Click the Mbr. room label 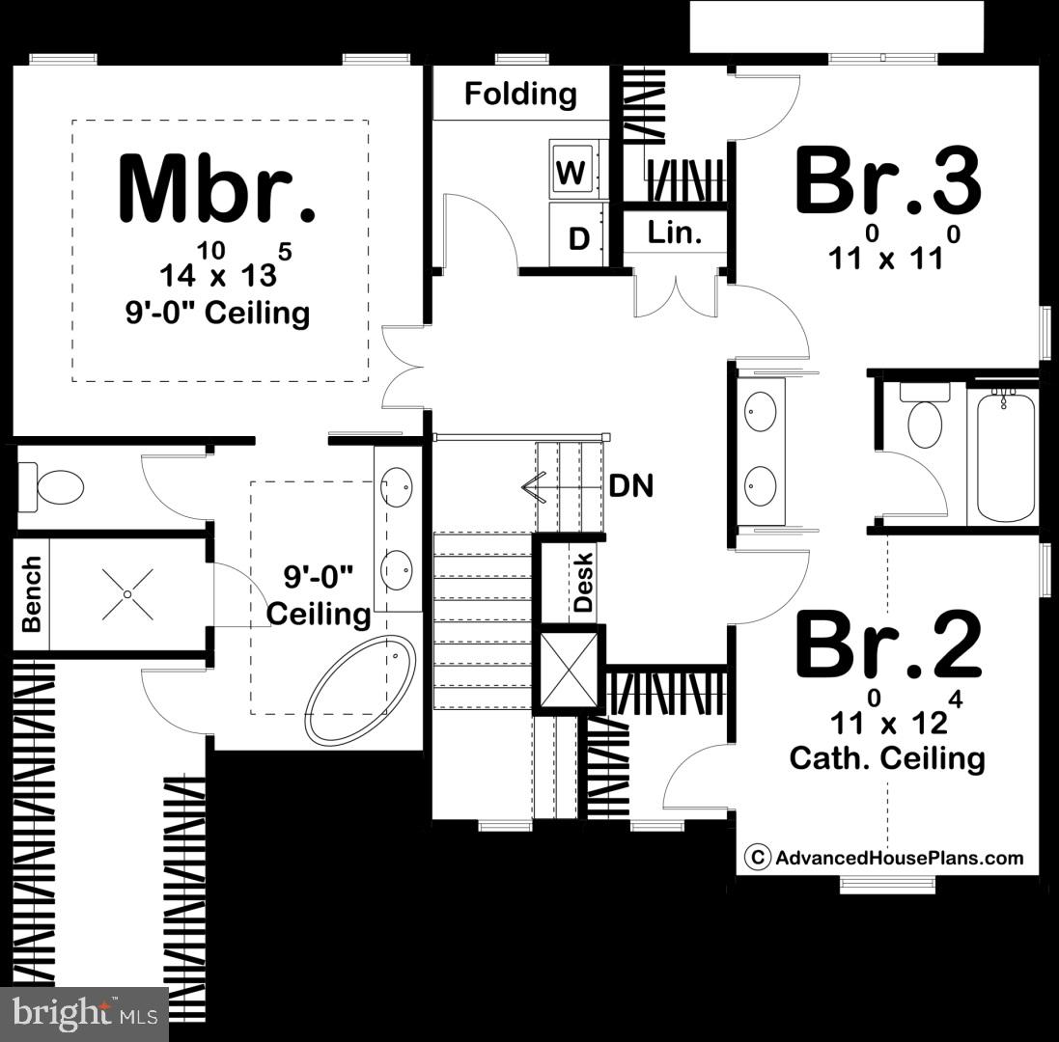tap(216, 188)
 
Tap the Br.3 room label tap(887, 181)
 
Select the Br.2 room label tap(887, 645)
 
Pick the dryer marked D tap(577, 237)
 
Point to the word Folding tap(520, 95)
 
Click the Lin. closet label tap(674, 233)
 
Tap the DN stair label tap(630, 485)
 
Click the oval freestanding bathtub tap(360, 688)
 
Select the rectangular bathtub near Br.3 tap(1005, 456)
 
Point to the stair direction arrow tap(533, 485)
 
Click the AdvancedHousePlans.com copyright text tap(885, 857)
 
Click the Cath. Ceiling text tap(887, 758)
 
